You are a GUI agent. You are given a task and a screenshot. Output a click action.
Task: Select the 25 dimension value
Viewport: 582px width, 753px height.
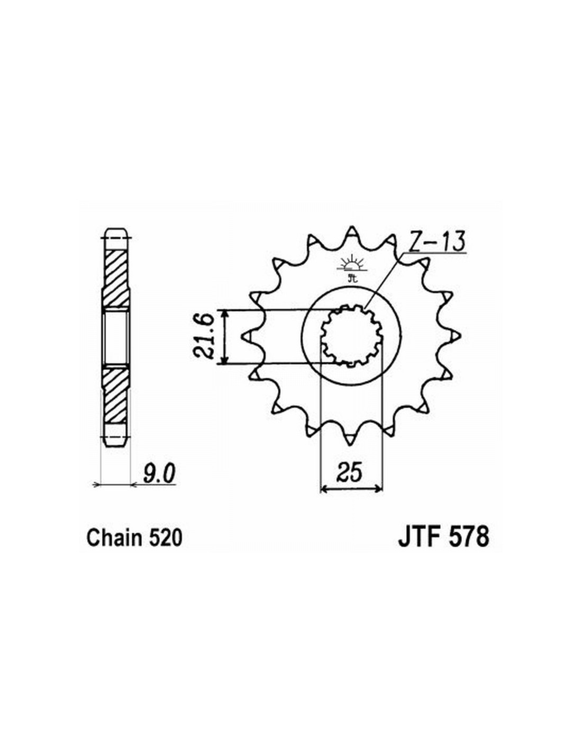click(351, 472)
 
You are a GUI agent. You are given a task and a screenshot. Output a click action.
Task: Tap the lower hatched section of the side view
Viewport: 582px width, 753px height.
click(116, 395)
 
